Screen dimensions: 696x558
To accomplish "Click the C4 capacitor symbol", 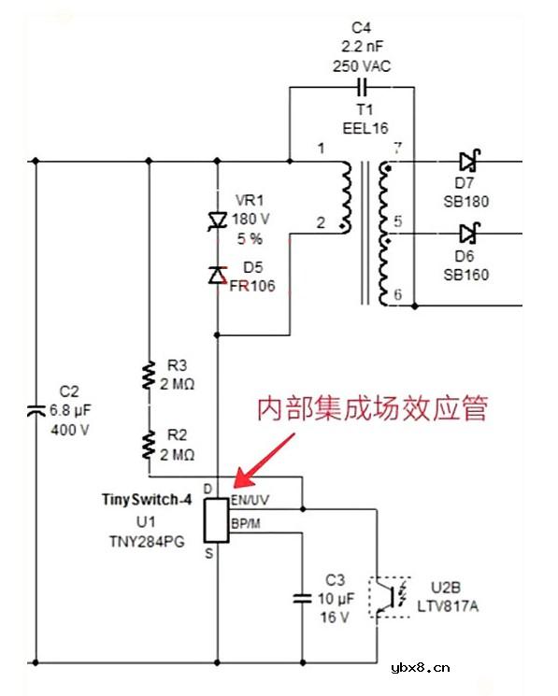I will pos(361,87).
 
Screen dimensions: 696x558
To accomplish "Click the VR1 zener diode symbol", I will pos(217,220).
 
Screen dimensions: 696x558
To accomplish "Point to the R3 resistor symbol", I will pos(148,376).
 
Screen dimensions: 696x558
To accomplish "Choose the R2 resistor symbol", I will pos(148,444).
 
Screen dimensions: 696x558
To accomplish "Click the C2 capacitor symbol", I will pos(36,410).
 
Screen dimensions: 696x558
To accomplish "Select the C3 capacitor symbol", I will pos(303,597).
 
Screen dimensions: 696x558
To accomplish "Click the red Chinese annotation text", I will pos(373,409).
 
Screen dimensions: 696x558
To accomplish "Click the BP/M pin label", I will pos(246,523).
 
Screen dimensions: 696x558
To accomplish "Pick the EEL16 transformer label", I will pos(365,128).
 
